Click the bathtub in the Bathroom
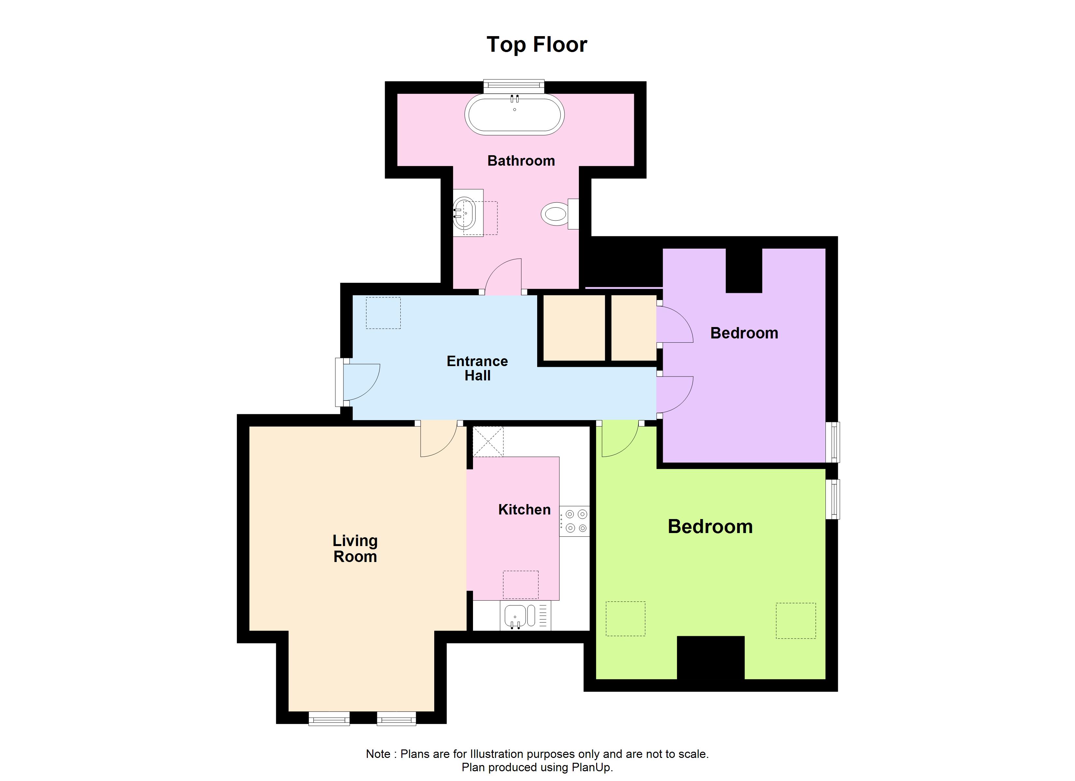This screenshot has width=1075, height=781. coord(514,115)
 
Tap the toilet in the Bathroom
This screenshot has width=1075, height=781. coord(555,214)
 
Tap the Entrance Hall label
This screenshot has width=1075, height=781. coord(477,368)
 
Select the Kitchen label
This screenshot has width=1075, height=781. coord(524,510)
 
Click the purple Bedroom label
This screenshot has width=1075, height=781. coord(744,333)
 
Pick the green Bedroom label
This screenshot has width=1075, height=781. coord(709,527)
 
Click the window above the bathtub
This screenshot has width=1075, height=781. coord(513,86)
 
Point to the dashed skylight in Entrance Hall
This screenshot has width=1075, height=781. coord(383,313)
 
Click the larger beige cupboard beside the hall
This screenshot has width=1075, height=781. coord(574,328)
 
